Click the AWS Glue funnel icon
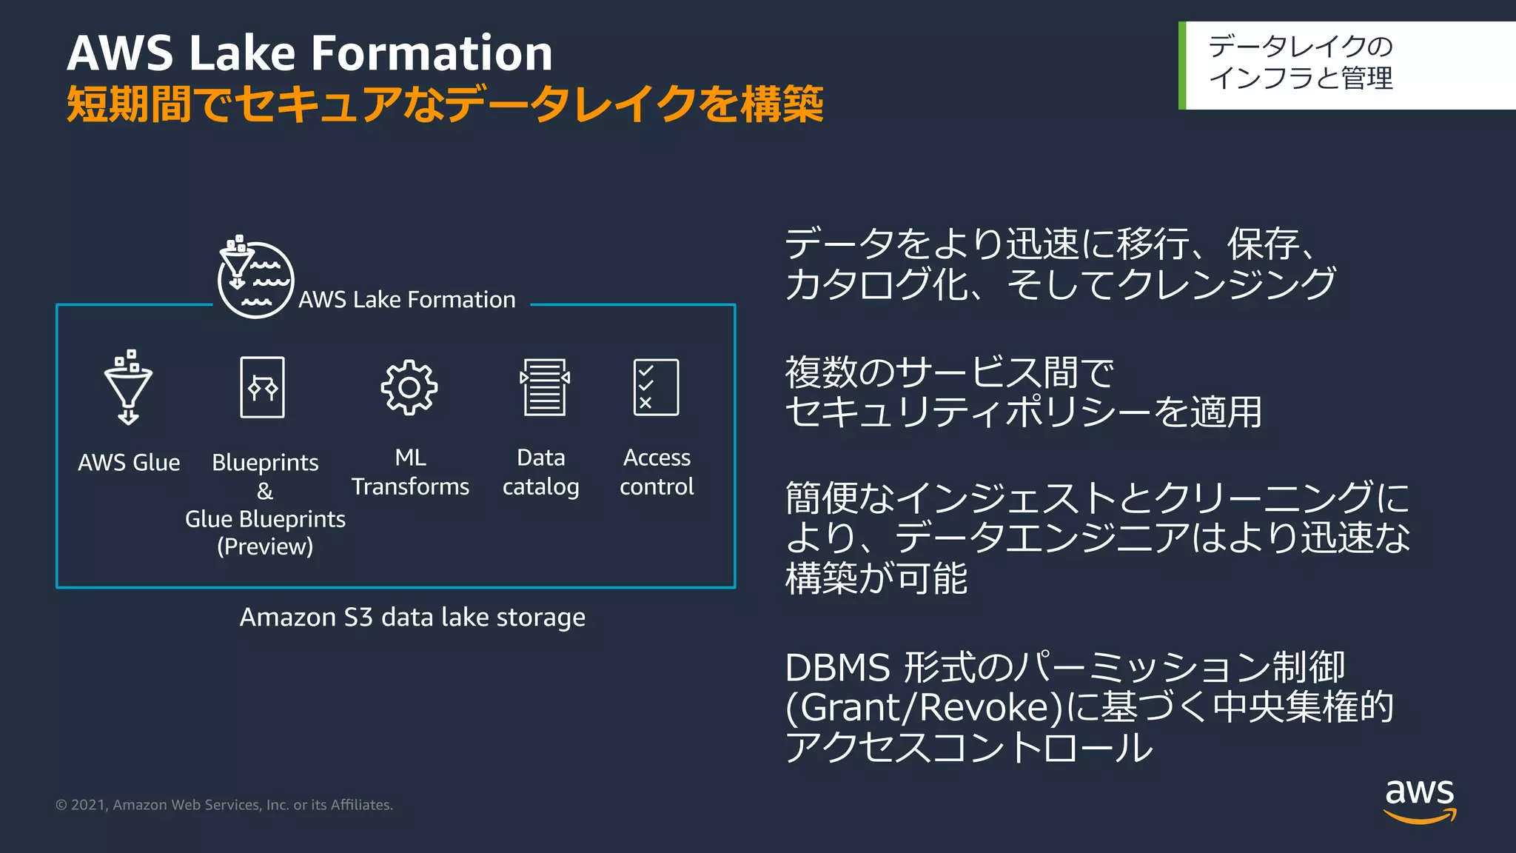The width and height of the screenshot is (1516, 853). coord(128,387)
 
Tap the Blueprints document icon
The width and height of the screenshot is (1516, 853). coord(262,387)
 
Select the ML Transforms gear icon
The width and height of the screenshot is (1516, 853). coord(409,387)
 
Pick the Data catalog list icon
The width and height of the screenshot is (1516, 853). coord(545,387)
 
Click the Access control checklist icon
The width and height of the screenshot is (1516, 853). coord(656,387)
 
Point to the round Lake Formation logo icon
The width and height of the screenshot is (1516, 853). coord(255,279)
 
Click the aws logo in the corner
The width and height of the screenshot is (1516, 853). coord(1419,800)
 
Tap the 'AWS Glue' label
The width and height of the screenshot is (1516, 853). coord(129,463)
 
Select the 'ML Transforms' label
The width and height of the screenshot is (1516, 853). coord(410,472)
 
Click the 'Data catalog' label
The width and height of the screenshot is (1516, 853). coord(541,472)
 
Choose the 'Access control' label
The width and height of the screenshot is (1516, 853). coord(657,472)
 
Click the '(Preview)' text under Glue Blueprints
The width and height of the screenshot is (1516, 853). coord(265,546)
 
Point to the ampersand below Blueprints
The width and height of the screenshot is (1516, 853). coord(265,491)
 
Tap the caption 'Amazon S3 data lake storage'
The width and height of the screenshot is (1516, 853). coord(412,617)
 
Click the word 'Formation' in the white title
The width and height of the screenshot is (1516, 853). coord(431,53)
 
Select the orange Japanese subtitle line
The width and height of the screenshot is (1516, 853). coord(444,104)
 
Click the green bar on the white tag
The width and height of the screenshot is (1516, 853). coord(1182,66)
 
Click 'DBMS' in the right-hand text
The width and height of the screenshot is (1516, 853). coord(837,668)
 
